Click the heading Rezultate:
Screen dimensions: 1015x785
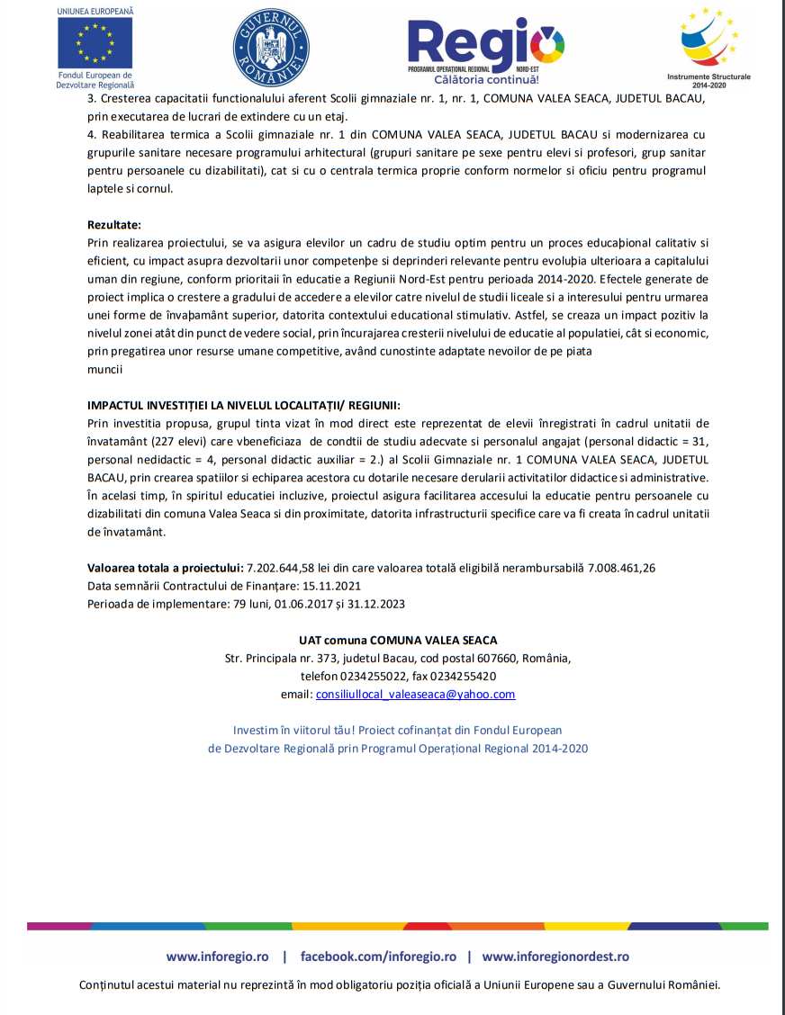[114, 224]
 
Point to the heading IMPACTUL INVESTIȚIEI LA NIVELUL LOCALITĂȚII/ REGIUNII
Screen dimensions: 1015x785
[244, 405]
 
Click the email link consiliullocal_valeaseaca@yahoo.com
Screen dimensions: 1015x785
[415, 694]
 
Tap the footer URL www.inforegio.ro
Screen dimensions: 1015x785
[218, 957]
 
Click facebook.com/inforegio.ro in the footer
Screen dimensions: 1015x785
[378, 957]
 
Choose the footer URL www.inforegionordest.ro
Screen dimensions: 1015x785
[555, 957]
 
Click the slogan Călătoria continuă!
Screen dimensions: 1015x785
[486, 80]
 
